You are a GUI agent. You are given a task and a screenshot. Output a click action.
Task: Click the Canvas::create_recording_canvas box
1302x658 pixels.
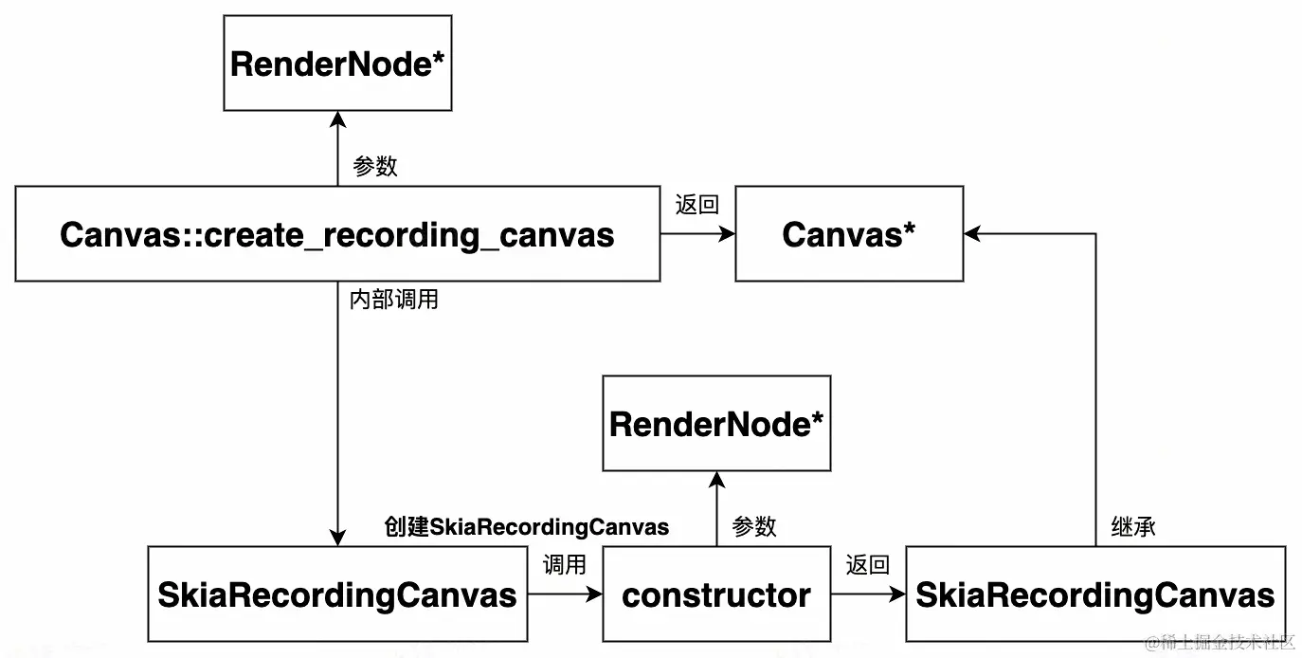pos(337,234)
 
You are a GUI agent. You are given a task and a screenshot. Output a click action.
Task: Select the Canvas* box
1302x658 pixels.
pos(849,234)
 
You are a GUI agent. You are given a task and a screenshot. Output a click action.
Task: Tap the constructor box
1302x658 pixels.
pos(716,594)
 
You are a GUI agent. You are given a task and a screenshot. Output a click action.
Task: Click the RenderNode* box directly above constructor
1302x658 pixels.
pos(716,424)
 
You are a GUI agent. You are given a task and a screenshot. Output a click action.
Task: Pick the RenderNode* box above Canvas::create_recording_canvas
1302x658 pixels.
pos(337,64)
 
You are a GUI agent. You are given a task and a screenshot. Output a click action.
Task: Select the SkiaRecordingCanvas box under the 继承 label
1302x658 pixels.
pos(1095,594)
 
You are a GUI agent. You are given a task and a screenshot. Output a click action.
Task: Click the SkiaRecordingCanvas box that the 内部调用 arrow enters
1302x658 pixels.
pos(337,594)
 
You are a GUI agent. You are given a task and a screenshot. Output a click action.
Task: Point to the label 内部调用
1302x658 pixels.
pos(393,301)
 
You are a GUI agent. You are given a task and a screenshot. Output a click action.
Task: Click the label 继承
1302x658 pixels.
pos(1132,527)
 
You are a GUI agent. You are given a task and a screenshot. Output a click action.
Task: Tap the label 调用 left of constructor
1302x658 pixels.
pos(564,565)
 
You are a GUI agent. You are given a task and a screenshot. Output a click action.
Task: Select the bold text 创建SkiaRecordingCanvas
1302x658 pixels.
pos(527,527)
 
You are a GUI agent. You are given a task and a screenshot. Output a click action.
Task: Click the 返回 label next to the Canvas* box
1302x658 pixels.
pos(696,205)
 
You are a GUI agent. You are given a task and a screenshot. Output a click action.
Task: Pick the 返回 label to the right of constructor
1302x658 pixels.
pos(867,565)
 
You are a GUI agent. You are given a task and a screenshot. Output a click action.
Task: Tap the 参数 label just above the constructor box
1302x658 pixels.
pos(754,527)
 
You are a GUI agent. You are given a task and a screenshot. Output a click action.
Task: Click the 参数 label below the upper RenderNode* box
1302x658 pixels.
pos(374,167)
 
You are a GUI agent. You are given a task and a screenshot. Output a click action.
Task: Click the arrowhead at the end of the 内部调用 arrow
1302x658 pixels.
pos(337,539)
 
